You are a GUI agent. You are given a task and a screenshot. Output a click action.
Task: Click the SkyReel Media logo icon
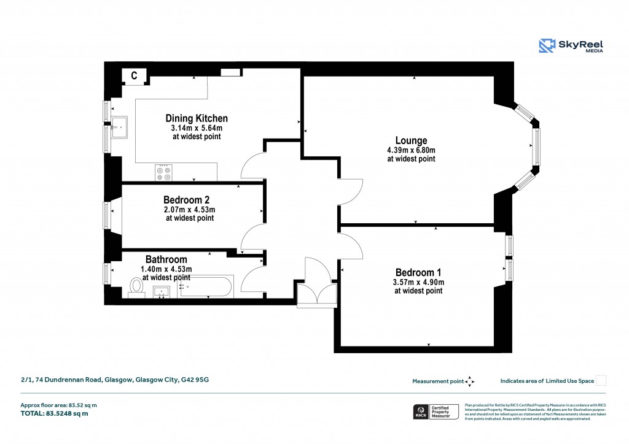(547, 46)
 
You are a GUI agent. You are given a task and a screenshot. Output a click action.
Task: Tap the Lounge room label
(411, 140)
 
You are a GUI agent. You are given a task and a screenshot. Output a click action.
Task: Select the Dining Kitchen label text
(197, 118)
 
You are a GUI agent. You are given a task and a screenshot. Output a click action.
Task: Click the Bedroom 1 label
(418, 272)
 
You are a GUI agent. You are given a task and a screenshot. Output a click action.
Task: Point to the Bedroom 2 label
(187, 200)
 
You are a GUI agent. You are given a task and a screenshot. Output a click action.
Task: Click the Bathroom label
(166, 260)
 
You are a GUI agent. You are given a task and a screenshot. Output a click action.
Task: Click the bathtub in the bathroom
(206, 286)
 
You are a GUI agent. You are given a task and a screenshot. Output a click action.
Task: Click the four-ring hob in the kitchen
(164, 172)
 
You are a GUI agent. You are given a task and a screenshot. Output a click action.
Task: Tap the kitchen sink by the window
(119, 129)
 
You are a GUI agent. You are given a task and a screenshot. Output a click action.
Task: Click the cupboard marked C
(134, 75)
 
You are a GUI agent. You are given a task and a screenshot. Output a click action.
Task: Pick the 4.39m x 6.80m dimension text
(411, 150)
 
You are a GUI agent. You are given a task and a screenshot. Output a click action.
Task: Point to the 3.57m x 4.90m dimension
(418, 282)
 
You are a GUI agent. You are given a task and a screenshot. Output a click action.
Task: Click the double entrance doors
(316, 288)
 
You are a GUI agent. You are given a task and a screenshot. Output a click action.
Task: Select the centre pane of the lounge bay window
(536, 147)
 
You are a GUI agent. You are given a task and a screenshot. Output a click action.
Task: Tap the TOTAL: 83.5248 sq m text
(55, 413)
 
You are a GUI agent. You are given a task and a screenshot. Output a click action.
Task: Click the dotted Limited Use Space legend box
(601, 381)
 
